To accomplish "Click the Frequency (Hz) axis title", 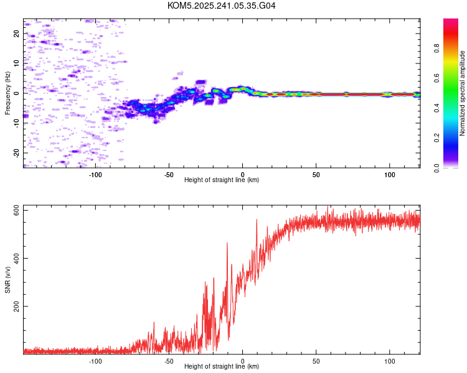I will coord(7,93).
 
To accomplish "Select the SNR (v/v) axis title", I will coord(7,280).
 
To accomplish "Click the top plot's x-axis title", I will coord(222,180).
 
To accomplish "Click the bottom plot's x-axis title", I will coord(222,366).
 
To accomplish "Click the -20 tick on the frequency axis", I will coord(17,152).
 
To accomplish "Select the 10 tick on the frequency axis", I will coord(17,63).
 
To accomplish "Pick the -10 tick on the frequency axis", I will coord(17,122).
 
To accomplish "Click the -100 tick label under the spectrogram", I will coord(95,174).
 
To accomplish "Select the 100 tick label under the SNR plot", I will coord(390,361).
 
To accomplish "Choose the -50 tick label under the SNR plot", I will coord(169,361).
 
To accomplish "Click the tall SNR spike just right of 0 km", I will coord(256,220).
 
